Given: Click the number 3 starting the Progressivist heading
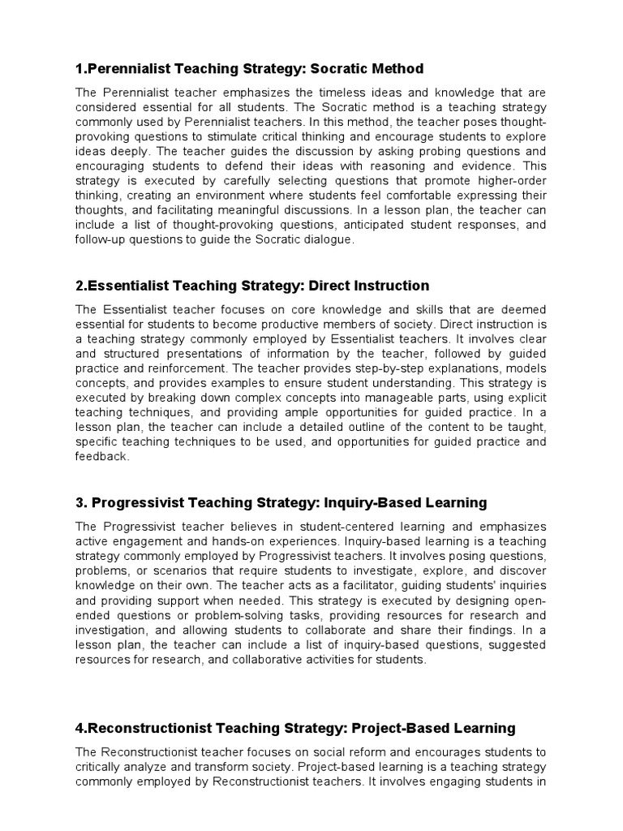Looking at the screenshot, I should coord(79,503).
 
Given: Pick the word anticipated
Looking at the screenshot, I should coord(372,225).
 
